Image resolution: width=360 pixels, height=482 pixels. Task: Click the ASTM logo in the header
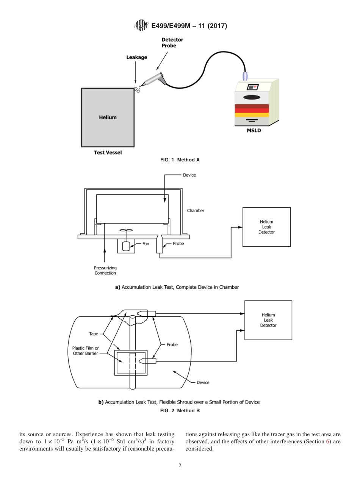coord(140,26)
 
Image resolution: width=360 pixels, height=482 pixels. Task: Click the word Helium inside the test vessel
coord(108,117)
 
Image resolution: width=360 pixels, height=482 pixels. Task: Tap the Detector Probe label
coord(172,42)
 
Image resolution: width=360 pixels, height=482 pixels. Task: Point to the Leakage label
coord(136,58)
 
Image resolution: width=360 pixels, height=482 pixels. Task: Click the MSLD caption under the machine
coord(254,131)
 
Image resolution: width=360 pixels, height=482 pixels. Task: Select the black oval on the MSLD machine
coord(252,97)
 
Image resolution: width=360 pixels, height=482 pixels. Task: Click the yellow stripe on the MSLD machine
coord(252,115)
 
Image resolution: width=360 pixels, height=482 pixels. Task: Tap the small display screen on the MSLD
coord(252,87)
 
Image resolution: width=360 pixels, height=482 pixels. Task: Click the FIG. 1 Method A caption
coord(180,160)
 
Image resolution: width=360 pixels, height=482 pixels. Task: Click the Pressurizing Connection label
coord(105,271)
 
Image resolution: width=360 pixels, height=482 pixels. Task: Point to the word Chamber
coord(196,211)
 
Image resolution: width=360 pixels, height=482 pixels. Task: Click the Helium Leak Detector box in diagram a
coord(266,227)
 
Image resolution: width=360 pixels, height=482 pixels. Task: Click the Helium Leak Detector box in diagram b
coord(268,320)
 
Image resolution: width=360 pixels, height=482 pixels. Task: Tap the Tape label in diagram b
coord(93,334)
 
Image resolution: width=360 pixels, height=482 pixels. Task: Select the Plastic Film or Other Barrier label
coord(86,351)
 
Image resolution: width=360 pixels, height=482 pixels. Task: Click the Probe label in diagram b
coord(172,344)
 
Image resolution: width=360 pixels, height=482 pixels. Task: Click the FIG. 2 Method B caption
coord(180,411)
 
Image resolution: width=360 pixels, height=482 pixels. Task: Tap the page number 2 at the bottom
coord(180,466)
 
